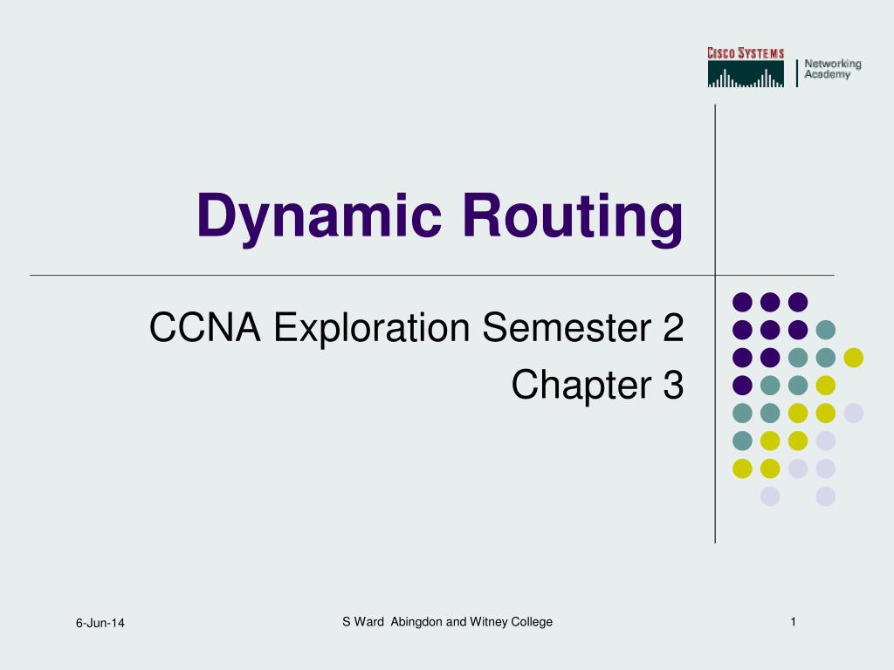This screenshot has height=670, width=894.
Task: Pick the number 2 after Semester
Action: (672, 329)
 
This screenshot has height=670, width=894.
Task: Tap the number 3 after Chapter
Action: (672, 385)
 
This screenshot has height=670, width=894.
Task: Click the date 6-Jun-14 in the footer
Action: (100, 622)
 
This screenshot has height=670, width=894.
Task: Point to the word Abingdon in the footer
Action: (417, 621)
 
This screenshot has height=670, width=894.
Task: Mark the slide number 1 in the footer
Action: (793, 621)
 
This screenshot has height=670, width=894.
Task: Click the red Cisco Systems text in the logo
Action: (746, 54)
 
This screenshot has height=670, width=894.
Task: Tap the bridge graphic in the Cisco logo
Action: (746, 75)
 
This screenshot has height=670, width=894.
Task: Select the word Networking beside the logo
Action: (832, 64)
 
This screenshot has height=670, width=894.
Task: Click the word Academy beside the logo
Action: (827, 75)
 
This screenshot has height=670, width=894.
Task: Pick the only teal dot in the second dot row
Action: (825, 330)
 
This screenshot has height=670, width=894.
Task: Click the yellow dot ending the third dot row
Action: (853, 357)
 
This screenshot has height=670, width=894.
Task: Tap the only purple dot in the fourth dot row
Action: (742, 385)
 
